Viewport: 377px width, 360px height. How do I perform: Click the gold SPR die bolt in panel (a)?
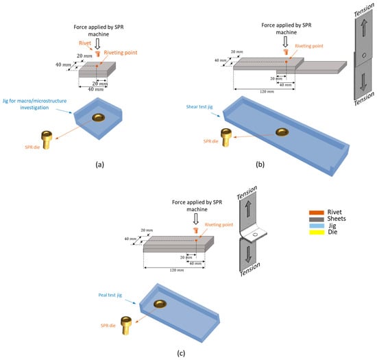pyautogui.click(x=47, y=140)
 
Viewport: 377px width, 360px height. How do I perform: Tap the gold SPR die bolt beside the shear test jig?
pyautogui.click(x=226, y=137)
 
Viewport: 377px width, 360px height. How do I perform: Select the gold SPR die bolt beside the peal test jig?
pyautogui.click(x=126, y=325)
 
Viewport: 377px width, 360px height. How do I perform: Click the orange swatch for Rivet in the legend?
pyautogui.click(x=317, y=213)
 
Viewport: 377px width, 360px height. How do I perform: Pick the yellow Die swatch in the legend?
pyautogui.click(x=317, y=232)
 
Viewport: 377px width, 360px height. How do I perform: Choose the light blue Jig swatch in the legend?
pyautogui.click(x=317, y=226)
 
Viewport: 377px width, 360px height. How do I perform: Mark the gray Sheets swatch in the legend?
pyautogui.click(x=317, y=219)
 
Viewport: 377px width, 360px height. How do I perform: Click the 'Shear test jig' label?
pyautogui.click(x=199, y=107)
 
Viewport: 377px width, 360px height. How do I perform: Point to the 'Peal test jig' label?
pyautogui.click(x=110, y=295)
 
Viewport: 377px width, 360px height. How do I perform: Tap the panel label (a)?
pyautogui.click(x=100, y=165)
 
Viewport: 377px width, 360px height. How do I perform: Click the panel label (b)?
pyautogui.click(x=260, y=165)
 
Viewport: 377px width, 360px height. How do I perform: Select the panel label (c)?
pyautogui.click(x=181, y=353)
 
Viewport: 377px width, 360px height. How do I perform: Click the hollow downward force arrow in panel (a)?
pyautogui.click(x=97, y=43)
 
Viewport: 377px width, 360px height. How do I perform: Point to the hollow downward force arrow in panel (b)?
pyautogui.click(x=285, y=42)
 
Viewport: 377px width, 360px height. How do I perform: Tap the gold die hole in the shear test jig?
pyautogui.click(x=282, y=132)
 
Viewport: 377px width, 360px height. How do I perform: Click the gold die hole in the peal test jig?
pyautogui.click(x=160, y=304)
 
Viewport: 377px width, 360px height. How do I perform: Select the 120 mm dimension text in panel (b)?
pyautogui.click(x=267, y=92)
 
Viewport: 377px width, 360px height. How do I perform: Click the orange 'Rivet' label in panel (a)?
pyautogui.click(x=85, y=43)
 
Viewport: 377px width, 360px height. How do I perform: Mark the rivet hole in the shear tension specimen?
pyautogui.click(x=364, y=56)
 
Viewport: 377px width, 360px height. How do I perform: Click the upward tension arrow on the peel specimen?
pyautogui.click(x=248, y=209)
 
